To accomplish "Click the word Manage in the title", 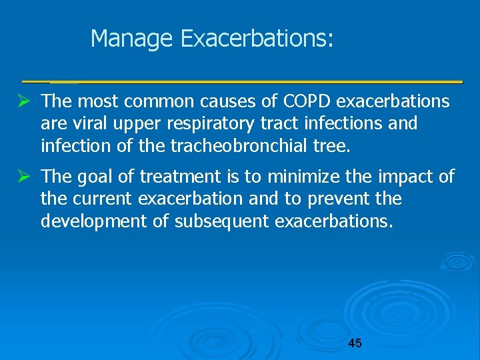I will pos(133,39).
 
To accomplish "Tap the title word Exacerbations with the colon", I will pos(257,39).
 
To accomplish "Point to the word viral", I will pos(84,123).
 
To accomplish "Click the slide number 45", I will pos(355,343).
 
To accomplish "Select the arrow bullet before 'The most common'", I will pos(27,102).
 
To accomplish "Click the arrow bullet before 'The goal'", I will pos(27,177).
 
